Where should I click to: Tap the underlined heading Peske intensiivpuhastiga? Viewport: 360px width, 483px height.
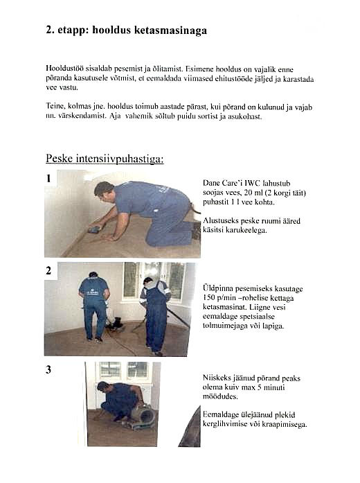(x=105, y=159)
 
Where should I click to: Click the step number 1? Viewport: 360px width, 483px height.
(x=48, y=178)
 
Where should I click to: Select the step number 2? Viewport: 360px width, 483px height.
(x=48, y=271)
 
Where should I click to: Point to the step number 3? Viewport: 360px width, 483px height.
(x=48, y=369)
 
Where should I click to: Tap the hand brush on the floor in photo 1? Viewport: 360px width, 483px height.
(x=95, y=229)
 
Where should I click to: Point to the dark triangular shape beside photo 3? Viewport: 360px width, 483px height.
(x=191, y=430)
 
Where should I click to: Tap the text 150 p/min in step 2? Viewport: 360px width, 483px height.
(x=215, y=298)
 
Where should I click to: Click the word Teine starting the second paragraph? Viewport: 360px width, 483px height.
(x=55, y=106)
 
